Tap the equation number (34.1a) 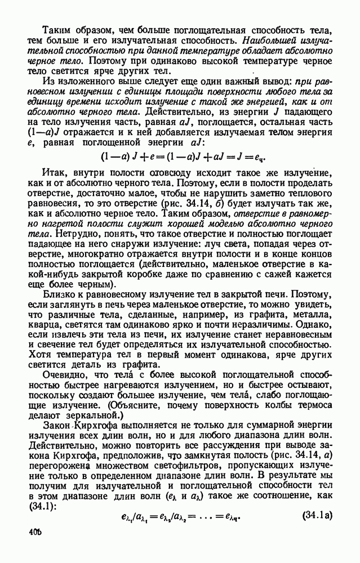click(x=319, y=514)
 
